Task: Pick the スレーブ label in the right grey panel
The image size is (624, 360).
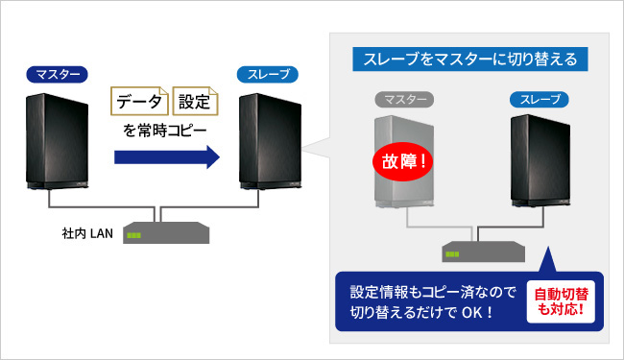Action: click(x=539, y=99)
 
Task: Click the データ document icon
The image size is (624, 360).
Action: click(x=141, y=101)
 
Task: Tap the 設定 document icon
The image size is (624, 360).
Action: click(x=196, y=101)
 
